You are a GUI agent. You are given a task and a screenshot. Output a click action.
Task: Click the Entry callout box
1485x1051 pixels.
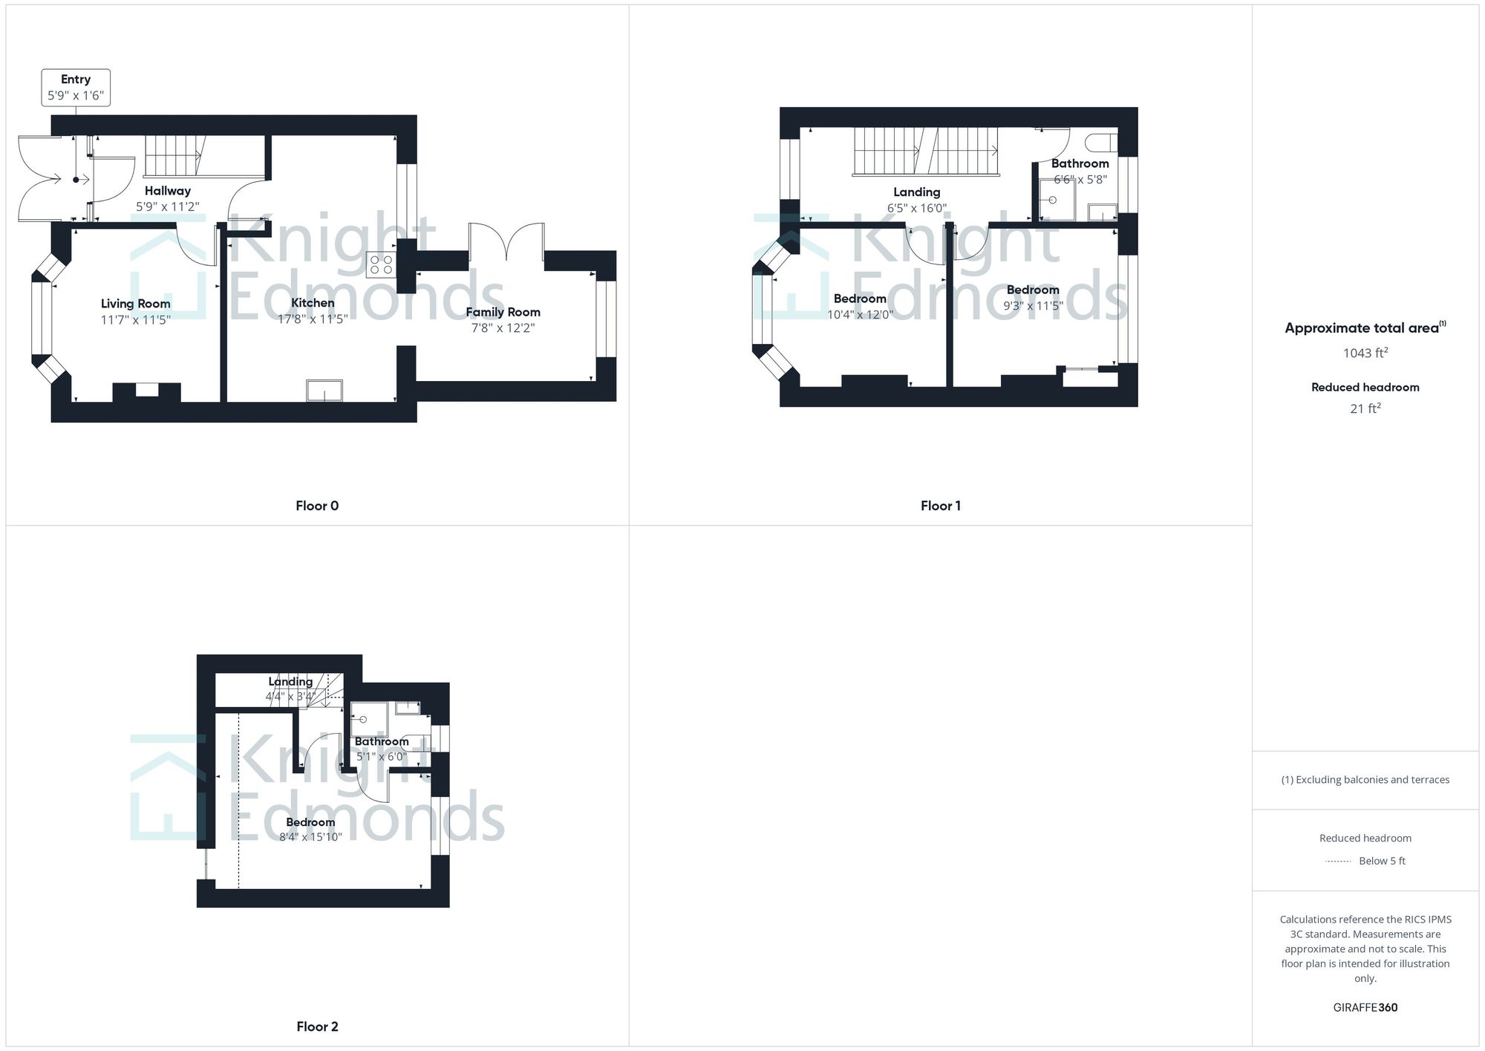point(76,88)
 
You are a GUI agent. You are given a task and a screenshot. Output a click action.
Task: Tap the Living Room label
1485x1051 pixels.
point(136,303)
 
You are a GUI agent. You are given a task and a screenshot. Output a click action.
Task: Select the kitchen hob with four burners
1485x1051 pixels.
point(381,265)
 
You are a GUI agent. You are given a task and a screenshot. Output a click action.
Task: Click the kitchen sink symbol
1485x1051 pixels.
point(324,391)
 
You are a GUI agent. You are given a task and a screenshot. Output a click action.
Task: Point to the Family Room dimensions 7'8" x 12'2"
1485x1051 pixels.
point(503,328)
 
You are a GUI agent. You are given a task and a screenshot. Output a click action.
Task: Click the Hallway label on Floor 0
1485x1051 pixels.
point(168,191)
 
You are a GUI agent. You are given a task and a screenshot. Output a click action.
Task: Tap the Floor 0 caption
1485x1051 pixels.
point(317,506)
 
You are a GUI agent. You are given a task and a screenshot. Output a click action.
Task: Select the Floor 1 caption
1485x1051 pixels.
point(940,506)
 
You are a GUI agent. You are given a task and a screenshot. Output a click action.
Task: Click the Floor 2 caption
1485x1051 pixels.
point(317,1026)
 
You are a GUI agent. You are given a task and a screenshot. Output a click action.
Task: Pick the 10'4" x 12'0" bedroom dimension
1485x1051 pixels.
point(860,314)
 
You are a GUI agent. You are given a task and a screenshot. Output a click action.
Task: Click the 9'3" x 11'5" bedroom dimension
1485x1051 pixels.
point(1033,305)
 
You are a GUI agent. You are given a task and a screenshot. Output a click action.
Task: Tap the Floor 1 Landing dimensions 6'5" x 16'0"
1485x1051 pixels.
point(917,208)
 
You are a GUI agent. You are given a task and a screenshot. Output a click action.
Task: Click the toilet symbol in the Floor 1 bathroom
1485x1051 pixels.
point(1101,142)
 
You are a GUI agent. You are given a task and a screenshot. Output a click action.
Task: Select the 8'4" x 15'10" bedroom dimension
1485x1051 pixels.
point(310,837)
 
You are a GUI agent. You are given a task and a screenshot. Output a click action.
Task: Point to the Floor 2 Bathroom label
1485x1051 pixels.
point(382,741)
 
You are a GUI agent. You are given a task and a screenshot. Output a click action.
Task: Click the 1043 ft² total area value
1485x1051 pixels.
point(1365,353)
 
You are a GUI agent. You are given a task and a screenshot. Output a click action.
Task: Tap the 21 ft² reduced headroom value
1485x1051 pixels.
point(1365,409)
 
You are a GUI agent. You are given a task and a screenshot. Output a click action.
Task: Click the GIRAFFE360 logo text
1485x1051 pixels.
point(1365,1007)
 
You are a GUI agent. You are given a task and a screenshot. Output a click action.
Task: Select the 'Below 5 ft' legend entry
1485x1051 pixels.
point(1381,861)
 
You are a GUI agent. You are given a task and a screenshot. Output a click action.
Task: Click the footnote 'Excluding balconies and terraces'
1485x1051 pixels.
point(1365,780)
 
